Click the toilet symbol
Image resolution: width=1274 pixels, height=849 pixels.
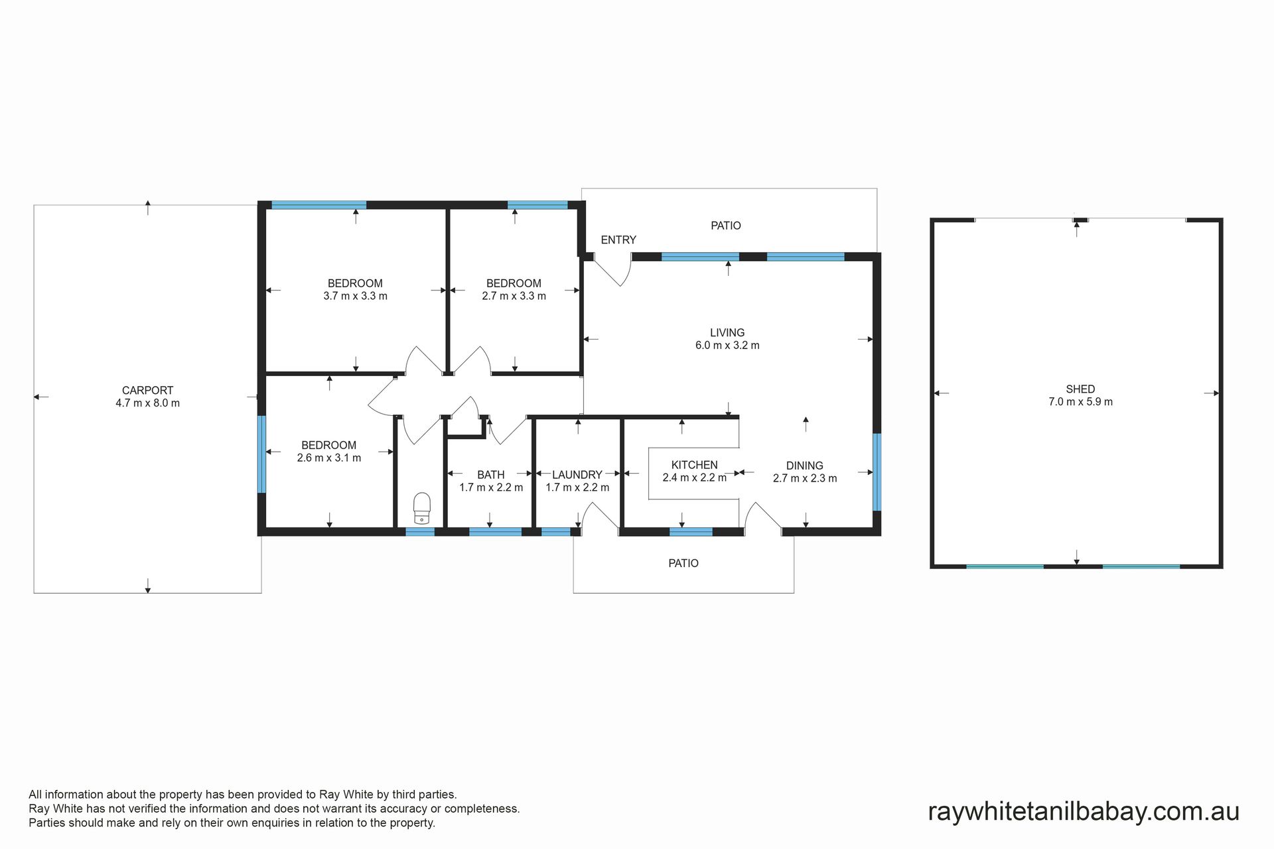point(422,508)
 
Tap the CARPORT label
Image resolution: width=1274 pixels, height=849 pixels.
point(147,391)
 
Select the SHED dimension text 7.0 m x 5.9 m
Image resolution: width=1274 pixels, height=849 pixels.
point(1080,402)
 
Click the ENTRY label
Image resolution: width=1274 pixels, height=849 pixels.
point(618,240)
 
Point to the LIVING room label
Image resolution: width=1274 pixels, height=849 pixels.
point(727,333)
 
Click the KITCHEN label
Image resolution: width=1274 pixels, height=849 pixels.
point(694,465)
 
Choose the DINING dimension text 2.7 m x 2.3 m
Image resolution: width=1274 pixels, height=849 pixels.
point(805,478)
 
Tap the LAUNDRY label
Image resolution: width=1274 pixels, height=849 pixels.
point(577,475)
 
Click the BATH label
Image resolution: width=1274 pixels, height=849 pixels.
point(491,475)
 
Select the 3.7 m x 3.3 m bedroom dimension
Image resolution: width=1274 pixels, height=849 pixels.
point(355,296)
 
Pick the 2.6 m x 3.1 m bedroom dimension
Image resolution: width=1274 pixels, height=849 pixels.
point(329,458)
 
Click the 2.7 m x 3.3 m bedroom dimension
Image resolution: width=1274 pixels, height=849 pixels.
point(514,296)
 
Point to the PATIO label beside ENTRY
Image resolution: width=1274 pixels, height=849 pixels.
point(726,226)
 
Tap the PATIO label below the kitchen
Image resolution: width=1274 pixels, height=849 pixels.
point(683,563)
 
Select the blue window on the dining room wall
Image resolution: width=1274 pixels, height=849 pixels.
point(877,472)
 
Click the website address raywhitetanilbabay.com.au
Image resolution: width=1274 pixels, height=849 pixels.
point(1084,812)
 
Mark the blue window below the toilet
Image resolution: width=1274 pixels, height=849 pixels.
point(420,531)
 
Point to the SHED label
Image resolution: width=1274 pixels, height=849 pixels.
point(1080,389)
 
